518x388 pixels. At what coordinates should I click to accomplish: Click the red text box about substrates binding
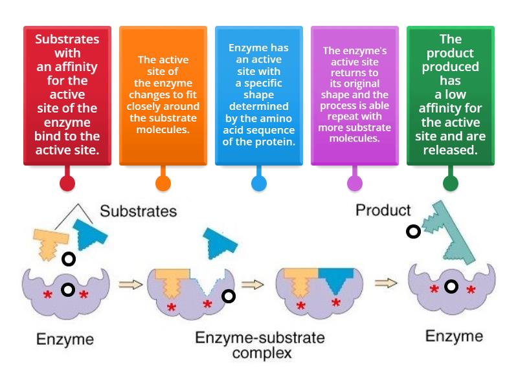67,95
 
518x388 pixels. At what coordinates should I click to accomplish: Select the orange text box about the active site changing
163,95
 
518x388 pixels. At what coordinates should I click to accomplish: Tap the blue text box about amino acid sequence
259,95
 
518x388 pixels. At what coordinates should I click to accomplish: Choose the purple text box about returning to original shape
355,95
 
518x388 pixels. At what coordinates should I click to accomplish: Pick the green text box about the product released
451,95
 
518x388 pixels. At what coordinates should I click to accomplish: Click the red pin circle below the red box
67,183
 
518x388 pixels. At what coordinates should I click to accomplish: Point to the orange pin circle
163,183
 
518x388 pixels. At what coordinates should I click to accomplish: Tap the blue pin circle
259,183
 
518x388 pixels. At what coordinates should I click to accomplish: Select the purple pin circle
355,183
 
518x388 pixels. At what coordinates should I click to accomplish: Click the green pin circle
451,183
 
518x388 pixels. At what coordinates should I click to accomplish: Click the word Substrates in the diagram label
138,211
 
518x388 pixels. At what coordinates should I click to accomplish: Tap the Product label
383,210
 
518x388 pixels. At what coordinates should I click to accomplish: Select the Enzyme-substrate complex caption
260,345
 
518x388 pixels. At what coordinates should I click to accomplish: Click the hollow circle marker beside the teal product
413,232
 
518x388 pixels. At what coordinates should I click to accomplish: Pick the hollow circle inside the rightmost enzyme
451,286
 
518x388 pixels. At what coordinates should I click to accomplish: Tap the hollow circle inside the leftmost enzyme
68,289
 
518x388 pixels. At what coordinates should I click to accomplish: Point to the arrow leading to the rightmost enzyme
386,283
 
